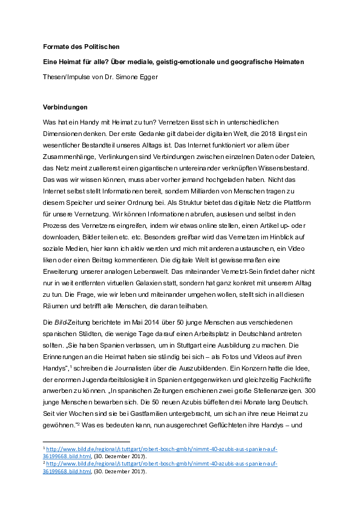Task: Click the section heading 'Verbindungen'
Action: click(x=65, y=107)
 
